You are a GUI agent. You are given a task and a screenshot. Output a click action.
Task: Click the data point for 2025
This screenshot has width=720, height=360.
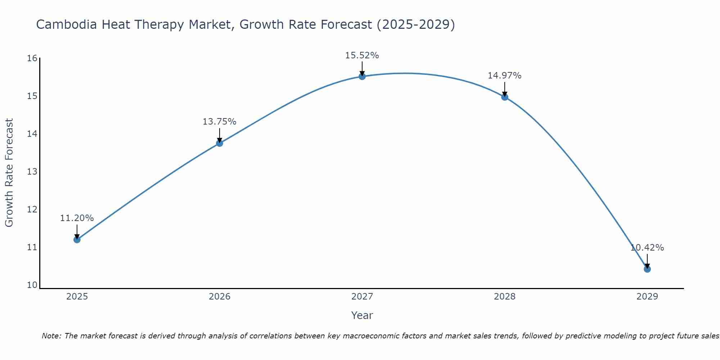[77, 239]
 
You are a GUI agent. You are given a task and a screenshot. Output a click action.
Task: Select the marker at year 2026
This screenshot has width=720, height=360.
[220, 143]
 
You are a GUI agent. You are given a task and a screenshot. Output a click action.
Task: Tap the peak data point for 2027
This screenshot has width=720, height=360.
[362, 76]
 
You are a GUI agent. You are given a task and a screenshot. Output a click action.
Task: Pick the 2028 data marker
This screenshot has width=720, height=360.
[505, 97]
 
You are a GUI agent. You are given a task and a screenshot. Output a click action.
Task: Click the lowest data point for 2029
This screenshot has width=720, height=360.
[647, 269]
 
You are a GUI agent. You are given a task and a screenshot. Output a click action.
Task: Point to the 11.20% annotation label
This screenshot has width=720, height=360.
[77, 218]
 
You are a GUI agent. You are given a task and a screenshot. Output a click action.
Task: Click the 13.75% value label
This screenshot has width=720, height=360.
[219, 122]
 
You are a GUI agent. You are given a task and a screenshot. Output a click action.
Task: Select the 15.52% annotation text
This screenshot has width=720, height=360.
[362, 55]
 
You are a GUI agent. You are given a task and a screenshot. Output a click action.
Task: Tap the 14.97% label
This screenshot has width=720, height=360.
[504, 76]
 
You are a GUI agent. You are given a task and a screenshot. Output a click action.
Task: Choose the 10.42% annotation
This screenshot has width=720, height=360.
[647, 248]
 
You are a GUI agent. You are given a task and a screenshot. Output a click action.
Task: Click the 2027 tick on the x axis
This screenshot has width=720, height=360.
[362, 297]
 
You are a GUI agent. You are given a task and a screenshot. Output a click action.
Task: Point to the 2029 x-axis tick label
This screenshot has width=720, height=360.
[647, 297]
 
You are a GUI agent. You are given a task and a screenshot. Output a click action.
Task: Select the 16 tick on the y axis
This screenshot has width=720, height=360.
[32, 58]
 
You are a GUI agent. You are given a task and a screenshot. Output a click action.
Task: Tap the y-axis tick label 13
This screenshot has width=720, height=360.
[32, 172]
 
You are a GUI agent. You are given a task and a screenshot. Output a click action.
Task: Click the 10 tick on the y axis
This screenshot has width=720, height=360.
[32, 285]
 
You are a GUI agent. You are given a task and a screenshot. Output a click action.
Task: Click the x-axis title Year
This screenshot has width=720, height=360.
[362, 315]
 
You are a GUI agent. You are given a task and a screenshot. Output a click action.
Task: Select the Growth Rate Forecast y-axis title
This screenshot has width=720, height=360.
[9, 173]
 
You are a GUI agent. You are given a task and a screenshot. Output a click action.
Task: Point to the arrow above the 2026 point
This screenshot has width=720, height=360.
[220, 135]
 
